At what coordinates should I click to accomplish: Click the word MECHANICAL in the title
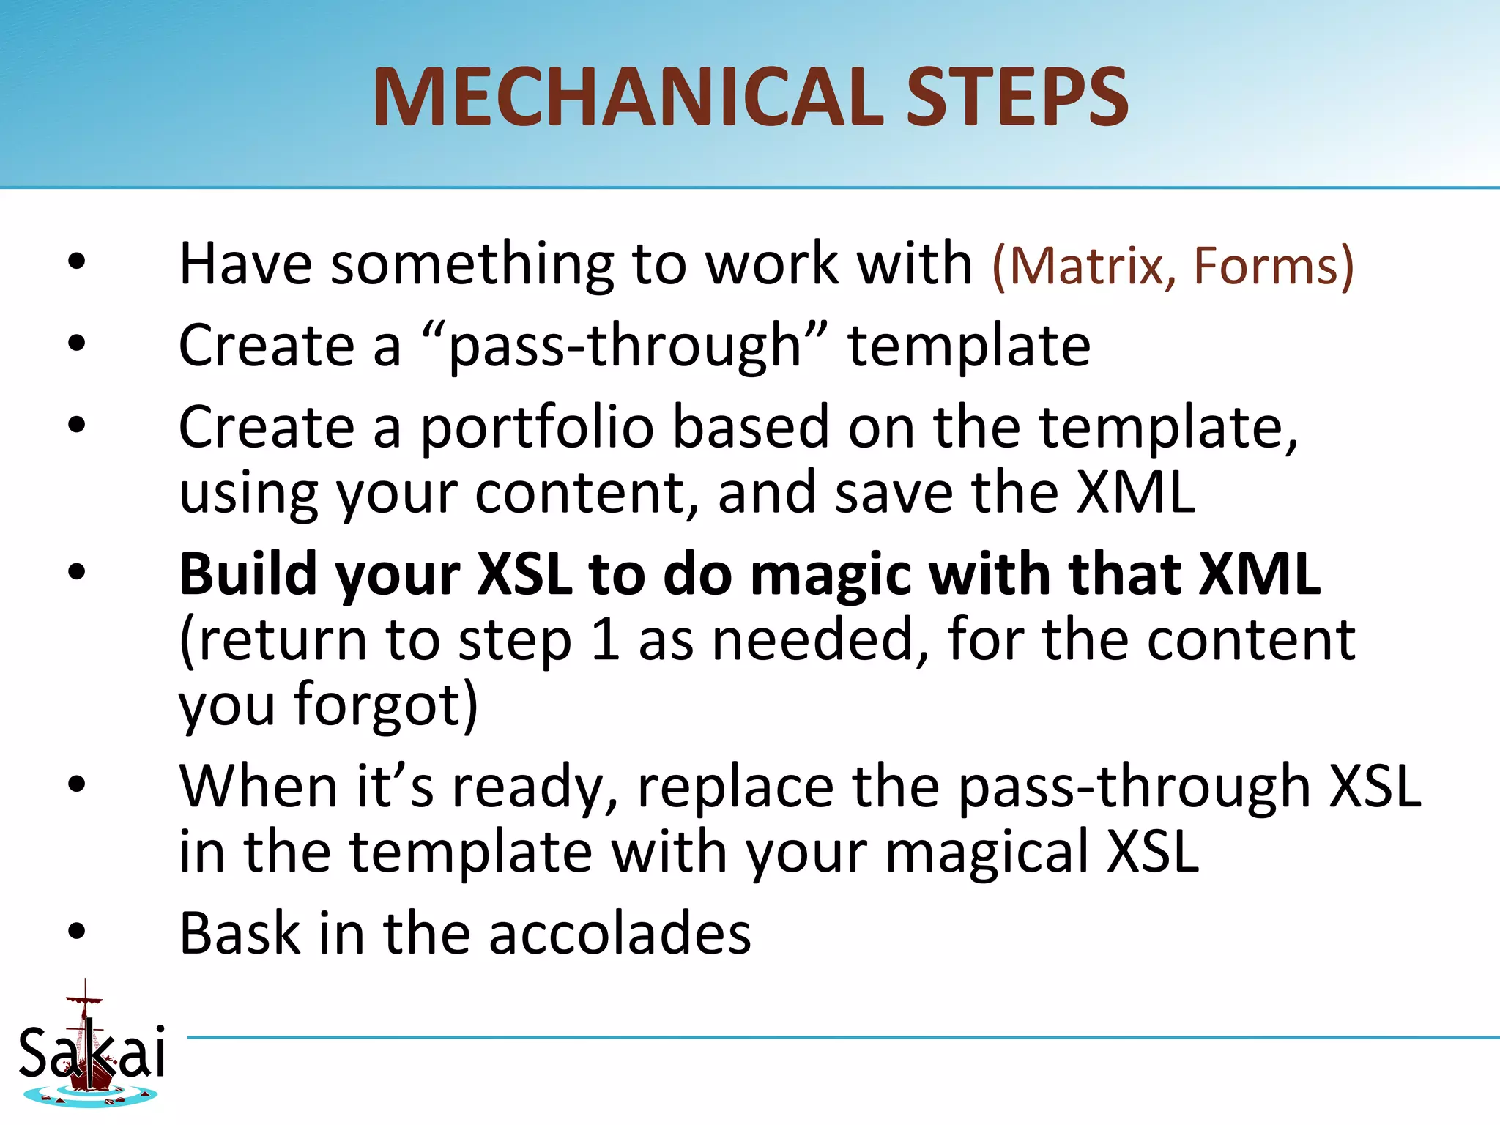pyautogui.click(x=628, y=97)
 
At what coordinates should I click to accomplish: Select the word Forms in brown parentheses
pyautogui.click(x=1266, y=265)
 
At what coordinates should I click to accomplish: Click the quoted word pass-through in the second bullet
pyautogui.click(x=625, y=346)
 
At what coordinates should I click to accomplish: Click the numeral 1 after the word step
pyautogui.click(x=605, y=639)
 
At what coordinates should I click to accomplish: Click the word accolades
pyautogui.click(x=620, y=934)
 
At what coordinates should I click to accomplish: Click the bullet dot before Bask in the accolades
pyautogui.click(x=76, y=932)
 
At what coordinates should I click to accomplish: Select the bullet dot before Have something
pyautogui.click(x=76, y=262)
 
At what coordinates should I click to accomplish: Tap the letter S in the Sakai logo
pyautogui.click(x=34, y=1052)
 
